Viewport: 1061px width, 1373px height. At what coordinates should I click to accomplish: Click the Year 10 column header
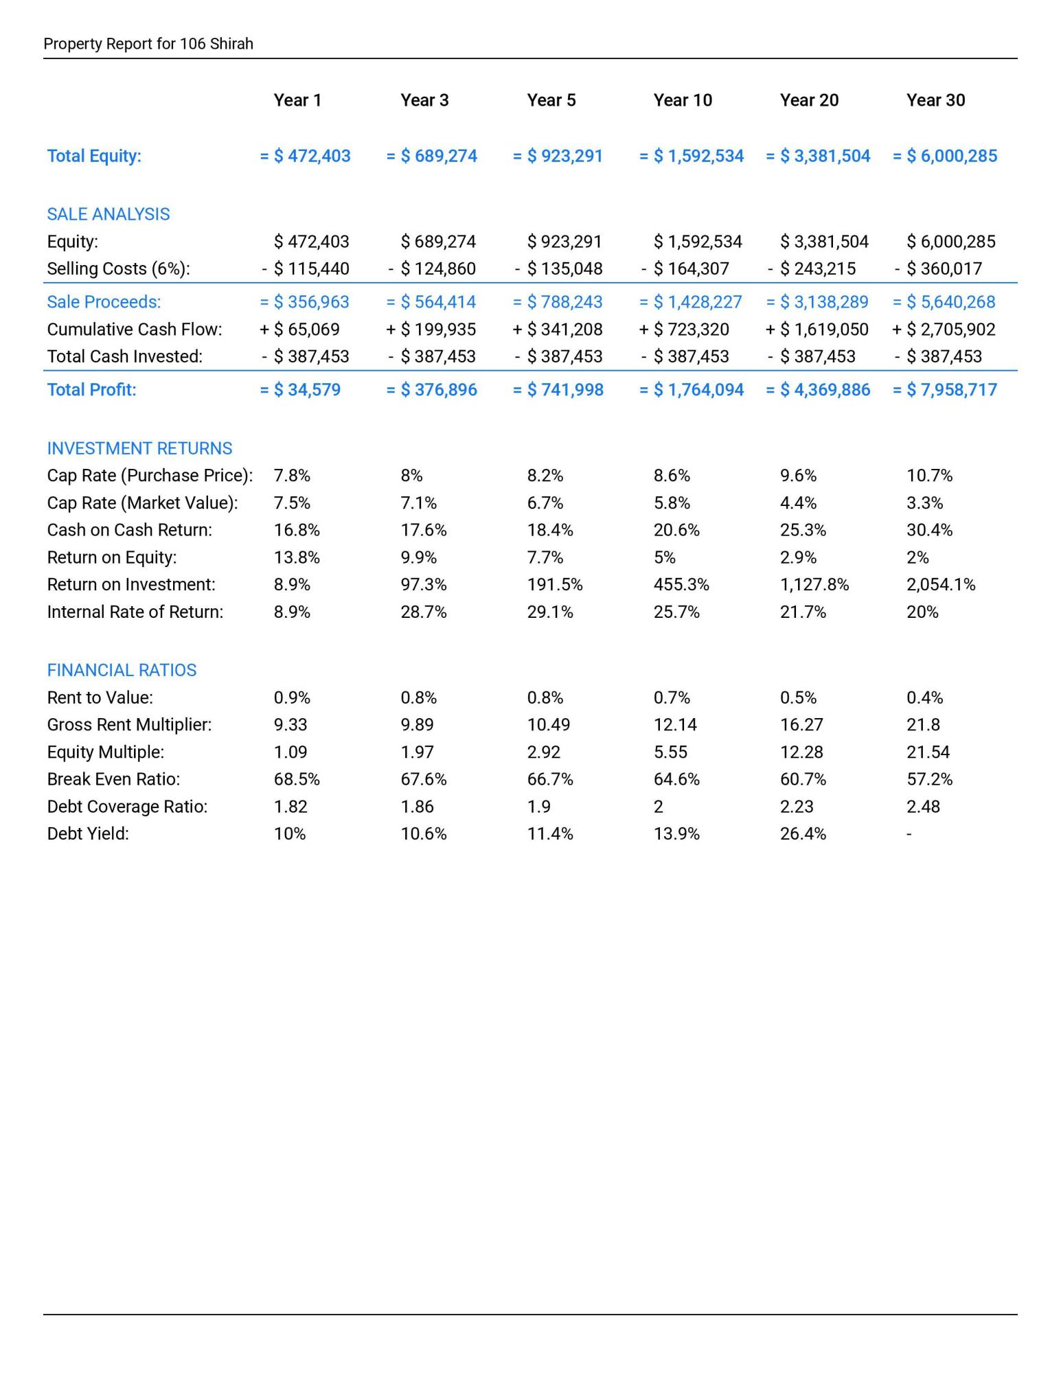(682, 100)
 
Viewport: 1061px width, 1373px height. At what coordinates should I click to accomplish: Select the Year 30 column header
(935, 100)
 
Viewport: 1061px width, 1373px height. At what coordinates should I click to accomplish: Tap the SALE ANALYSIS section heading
(108, 214)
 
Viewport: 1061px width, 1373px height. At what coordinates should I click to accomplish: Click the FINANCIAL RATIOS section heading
(122, 670)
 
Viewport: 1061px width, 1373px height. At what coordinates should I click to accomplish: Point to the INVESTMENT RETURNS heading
(139, 448)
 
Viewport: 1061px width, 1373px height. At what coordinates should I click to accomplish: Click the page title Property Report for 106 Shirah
(148, 44)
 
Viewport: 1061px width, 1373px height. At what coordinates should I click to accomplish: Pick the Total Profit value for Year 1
(300, 390)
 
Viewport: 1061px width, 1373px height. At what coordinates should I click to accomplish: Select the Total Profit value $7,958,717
(945, 390)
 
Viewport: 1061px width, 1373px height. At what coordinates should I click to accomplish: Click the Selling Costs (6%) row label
(118, 268)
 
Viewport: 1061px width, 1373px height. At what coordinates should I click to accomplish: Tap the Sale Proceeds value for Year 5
(558, 302)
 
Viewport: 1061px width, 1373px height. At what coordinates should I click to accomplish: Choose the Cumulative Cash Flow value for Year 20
(817, 330)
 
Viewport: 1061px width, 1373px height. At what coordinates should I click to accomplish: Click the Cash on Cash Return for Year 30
(929, 530)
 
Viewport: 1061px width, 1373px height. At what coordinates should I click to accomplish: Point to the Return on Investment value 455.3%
(681, 585)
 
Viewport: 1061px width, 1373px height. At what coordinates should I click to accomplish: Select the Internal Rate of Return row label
(135, 612)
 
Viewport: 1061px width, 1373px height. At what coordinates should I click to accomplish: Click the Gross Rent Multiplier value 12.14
(675, 725)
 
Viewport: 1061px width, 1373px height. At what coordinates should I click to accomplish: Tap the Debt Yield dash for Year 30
(909, 834)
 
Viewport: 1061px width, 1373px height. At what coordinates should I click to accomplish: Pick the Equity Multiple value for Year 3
(417, 752)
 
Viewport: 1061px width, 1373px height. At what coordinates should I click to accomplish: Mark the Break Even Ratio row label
(113, 779)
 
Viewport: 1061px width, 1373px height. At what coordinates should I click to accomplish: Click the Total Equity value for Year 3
(432, 156)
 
